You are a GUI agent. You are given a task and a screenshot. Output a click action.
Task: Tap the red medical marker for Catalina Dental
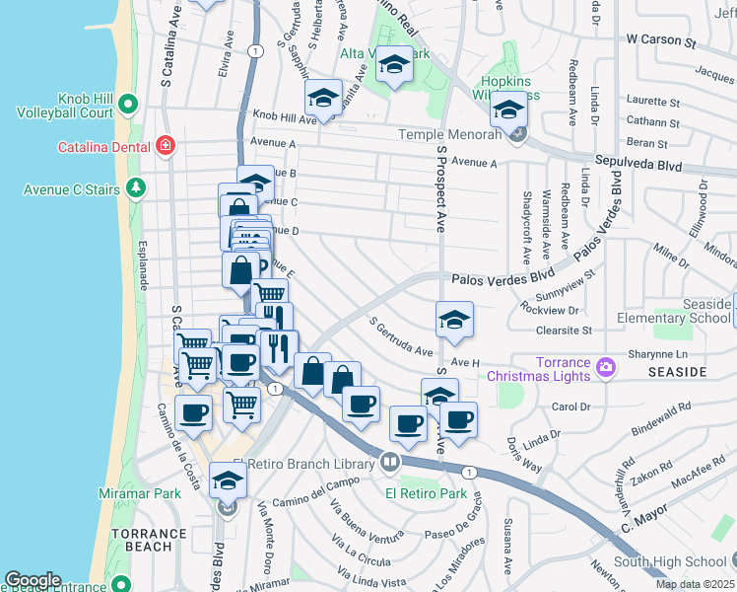[x=166, y=147]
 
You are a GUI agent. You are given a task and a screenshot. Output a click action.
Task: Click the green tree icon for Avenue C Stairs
[x=135, y=188]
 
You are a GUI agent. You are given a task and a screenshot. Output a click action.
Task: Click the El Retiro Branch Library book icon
[x=391, y=462]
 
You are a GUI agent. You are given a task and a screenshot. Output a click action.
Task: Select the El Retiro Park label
[x=426, y=493]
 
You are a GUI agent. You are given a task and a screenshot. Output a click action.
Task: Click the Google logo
[x=33, y=580]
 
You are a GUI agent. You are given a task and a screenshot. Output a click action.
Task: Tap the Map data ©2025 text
[x=694, y=584]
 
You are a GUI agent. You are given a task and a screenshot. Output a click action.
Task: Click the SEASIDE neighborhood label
[x=677, y=372]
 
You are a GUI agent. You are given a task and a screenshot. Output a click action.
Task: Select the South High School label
[x=676, y=562]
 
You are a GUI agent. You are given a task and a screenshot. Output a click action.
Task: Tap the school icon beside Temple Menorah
[x=508, y=110]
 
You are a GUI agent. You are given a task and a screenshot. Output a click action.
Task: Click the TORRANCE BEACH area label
[x=148, y=540]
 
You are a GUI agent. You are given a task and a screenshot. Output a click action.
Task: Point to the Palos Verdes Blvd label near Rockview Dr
[x=498, y=281]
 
